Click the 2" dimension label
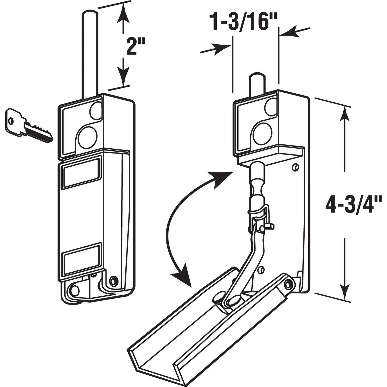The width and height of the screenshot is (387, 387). tap(133, 46)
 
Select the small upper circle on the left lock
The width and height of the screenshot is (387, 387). tap(96, 110)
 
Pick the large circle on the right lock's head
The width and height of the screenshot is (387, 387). tap(262, 134)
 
